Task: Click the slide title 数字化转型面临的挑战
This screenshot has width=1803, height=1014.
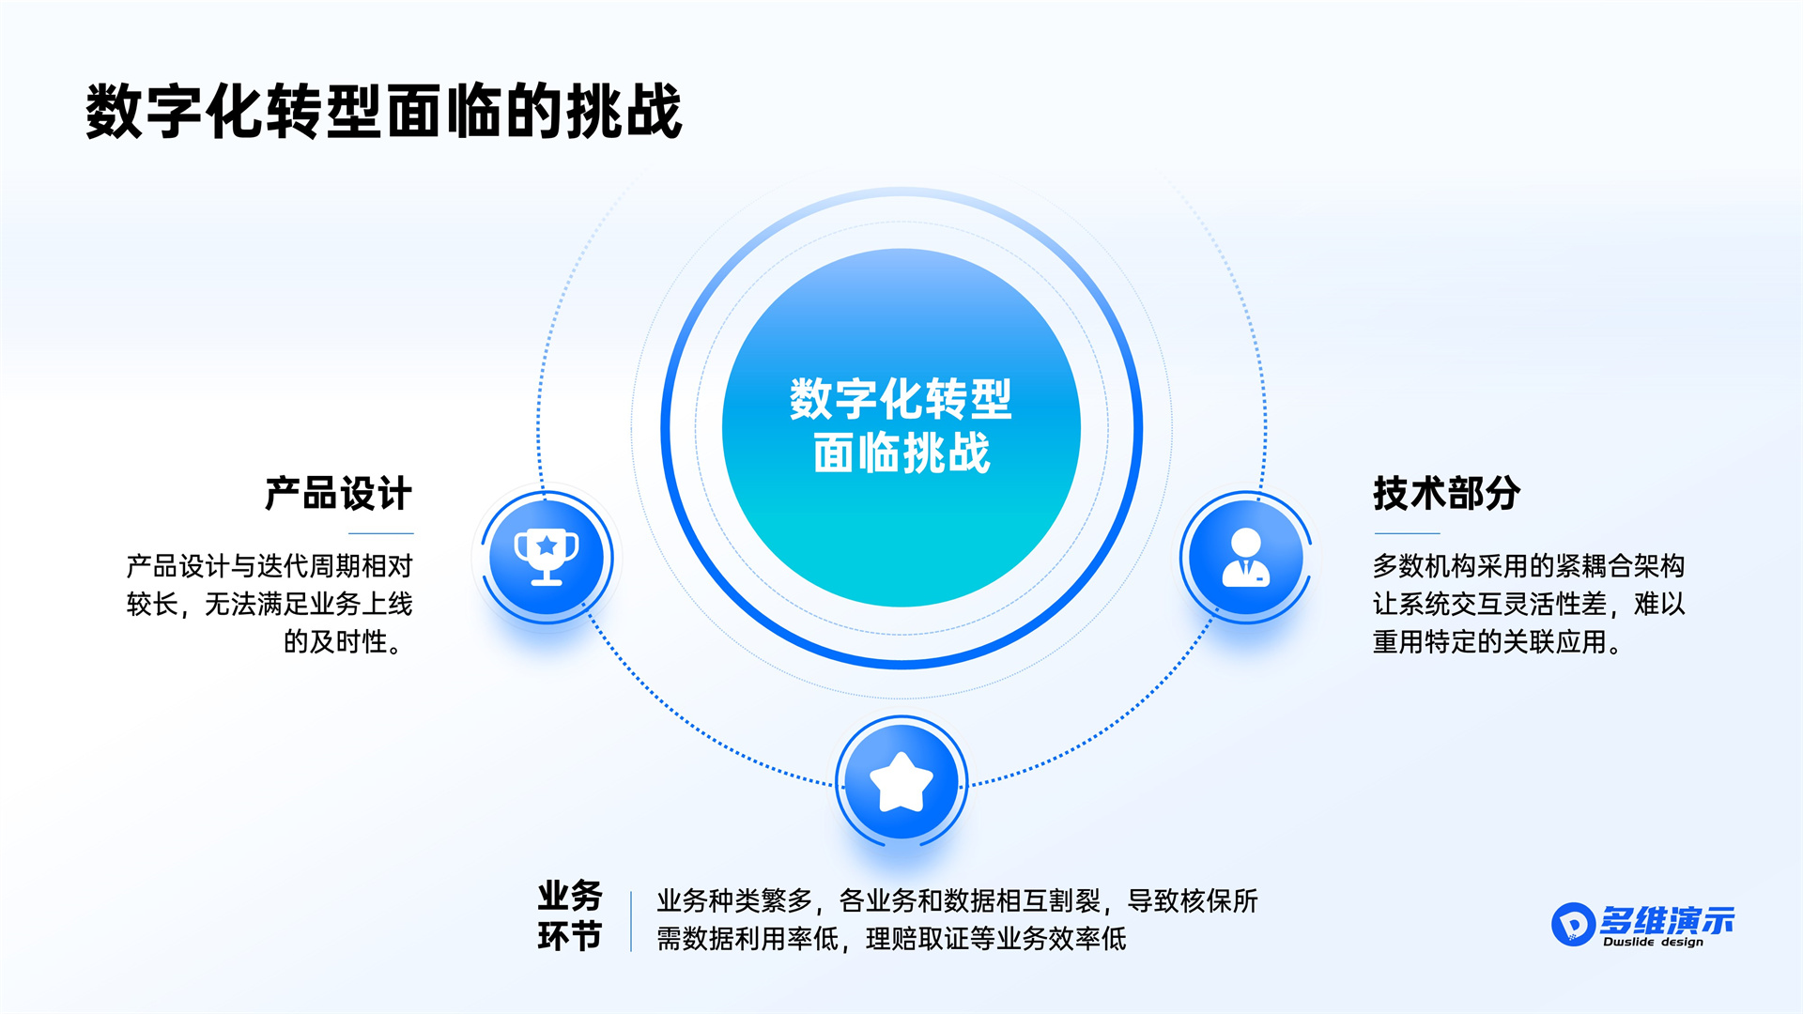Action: [383, 112]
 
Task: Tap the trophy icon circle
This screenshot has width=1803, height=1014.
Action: [547, 558]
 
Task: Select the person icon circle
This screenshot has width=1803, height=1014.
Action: [1246, 558]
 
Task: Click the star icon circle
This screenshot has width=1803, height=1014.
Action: [901, 782]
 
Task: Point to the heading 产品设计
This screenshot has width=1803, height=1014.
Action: [338, 494]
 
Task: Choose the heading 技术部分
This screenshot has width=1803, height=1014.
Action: [1446, 494]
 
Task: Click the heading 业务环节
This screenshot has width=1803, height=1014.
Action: [570, 915]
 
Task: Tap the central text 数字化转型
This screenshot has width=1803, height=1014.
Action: [901, 399]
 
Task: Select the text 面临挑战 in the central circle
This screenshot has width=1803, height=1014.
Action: [901, 453]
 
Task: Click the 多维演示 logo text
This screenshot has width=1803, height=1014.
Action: [1667, 920]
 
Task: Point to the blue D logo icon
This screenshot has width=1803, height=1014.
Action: [1573, 925]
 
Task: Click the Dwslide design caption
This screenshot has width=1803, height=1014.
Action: [1653, 942]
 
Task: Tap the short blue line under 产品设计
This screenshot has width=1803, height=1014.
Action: [381, 533]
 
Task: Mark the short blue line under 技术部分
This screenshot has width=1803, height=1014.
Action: [1406, 533]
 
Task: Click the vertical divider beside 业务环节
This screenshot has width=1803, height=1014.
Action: [631, 921]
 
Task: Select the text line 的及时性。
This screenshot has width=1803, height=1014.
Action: [344, 642]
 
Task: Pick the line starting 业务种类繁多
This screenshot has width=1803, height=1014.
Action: [957, 901]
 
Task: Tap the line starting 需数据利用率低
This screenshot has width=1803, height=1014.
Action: [891, 939]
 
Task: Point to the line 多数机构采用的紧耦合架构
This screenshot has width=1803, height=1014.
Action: [1529, 566]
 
